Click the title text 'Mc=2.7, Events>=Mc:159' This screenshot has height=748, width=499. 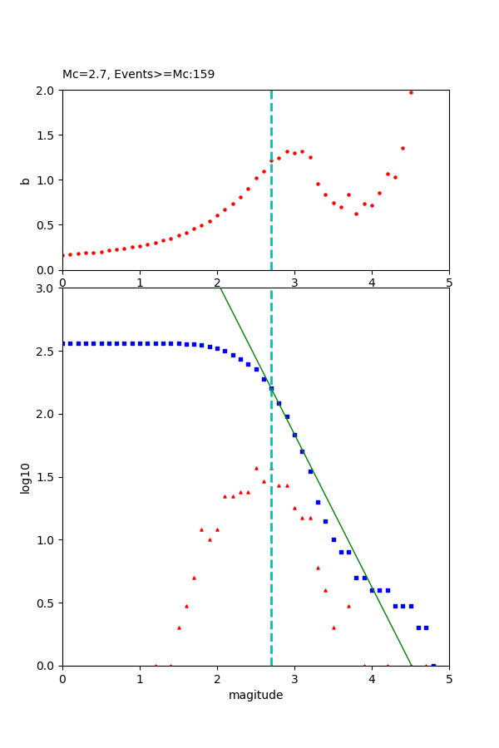click(x=138, y=75)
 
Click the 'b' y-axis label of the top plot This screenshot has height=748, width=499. click(x=25, y=180)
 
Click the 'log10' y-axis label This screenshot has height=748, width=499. click(x=26, y=478)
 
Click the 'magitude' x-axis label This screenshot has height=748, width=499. click(x=255, y=696)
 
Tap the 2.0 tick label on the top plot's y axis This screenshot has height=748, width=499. click(x=47, y=91)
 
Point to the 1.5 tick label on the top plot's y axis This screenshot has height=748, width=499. click(x=47, y=135)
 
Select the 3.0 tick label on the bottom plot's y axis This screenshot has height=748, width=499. click(x=47, y=288)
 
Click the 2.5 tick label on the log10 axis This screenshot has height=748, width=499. click(x=47, y=352)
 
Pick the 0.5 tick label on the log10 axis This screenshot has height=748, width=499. click(x=47, y=603)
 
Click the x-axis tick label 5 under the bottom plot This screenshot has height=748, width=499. click(x=449, y=678)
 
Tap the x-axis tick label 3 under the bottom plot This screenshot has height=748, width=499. click(x=294, y=678)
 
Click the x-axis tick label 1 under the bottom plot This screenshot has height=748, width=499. click(x=140, y=678)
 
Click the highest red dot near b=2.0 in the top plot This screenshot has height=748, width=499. click(x=411, y=92)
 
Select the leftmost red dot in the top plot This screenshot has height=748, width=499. click(x=63, y=255)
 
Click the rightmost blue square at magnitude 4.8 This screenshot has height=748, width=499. click(x=433, y=665)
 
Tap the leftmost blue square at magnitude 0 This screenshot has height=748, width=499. click(x=63, y=343)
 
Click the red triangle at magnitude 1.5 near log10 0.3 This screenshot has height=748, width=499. click(x=179, y=627)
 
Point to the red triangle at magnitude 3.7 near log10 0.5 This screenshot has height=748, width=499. click(x=348, y=606)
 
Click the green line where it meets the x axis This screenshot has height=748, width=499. click(x=411, y=665)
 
